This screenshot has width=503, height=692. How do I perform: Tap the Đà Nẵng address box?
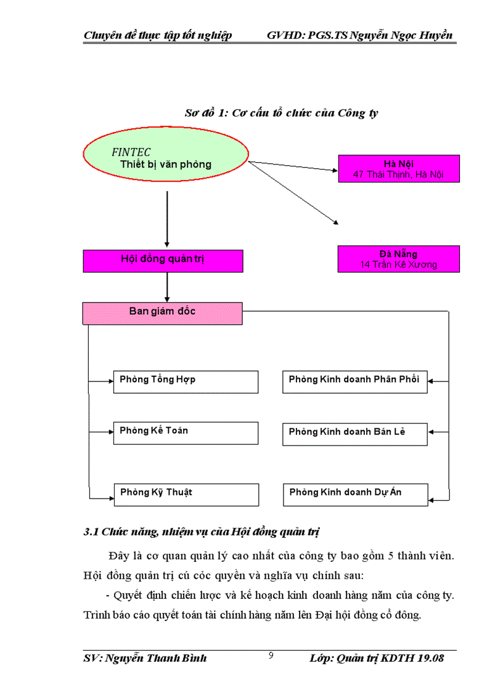pyautogui.click(x=398, y=259)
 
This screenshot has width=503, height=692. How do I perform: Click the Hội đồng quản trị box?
pyautogui.click(x=163, y=260)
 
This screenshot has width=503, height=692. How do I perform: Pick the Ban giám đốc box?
pyautogui.click(x=163, y=313)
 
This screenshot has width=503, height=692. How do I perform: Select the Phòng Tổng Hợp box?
pyautogui.click(x=186, y=381)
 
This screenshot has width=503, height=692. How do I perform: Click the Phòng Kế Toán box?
pyautogui.click(x=186, y=433)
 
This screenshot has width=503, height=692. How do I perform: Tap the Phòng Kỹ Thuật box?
pyautogui.click(x=186, y=494)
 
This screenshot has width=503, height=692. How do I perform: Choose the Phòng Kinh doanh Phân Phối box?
pyautogui.click(x=355, y=381)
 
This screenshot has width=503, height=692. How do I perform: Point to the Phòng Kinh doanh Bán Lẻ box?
pyautogui.click(x=355, y=433)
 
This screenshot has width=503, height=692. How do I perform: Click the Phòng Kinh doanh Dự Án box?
pyautogui.click(x=355, y=494)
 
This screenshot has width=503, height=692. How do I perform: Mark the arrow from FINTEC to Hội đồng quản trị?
pyautogui.click(x=167, y=219)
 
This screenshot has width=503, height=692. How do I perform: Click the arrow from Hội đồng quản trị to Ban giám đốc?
pyautogui.click(x=167, y=287)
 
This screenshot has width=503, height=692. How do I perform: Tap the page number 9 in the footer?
pyautogui.click(x=271, y=655)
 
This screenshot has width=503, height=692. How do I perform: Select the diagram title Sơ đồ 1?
pyautogui.click(x=282, y=113)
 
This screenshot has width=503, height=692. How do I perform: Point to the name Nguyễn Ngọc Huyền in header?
pyautogui.click(x=401, y=35)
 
